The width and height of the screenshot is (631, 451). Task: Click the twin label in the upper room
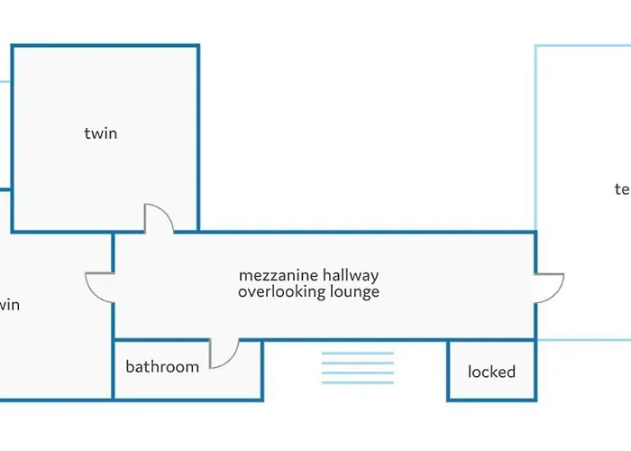[101, 134]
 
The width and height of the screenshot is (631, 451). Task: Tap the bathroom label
[162, 366]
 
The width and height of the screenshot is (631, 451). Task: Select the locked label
[491, 372]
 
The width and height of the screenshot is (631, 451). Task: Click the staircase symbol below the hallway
[358, 368]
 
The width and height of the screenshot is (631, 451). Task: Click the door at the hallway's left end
[98, 285]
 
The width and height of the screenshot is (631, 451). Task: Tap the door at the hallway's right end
[549, 286]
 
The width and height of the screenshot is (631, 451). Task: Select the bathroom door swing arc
[224, 355]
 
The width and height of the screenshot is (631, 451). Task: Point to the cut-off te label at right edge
[621, 189]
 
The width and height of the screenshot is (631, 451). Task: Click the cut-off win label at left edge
[9, 305]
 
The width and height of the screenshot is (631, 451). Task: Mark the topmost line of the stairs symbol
[358, 353]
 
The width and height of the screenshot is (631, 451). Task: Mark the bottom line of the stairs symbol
[358, 383]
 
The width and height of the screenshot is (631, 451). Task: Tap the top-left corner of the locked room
[449, 341]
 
